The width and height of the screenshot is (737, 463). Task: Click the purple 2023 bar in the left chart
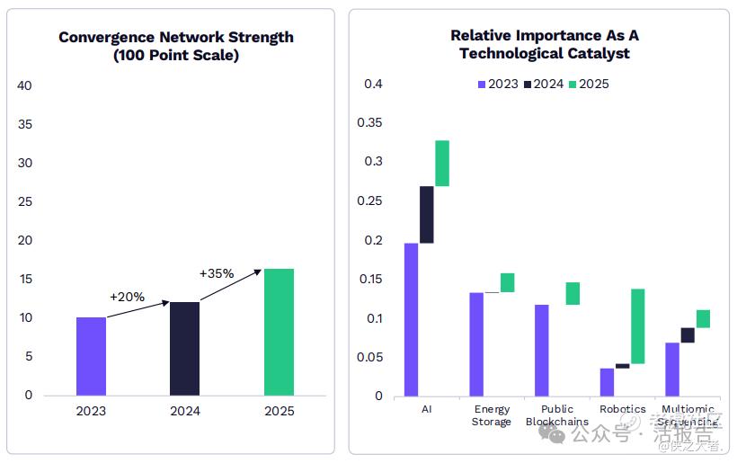pos(91,356)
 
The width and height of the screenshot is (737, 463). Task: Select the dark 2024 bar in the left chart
pos(184,349)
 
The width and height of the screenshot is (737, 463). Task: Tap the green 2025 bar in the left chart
pos(279,332)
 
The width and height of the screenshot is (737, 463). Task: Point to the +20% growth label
pos(127,297)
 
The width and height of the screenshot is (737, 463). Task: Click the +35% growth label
pos(216,273)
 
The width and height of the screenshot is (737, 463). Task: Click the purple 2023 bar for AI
pos(411,319)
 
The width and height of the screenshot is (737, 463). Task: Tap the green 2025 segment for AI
pos(442,164)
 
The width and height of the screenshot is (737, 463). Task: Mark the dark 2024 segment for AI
pos(427,215)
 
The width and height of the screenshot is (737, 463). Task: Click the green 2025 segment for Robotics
pos(638,325)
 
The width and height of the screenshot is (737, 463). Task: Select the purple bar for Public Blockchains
pos(541,350)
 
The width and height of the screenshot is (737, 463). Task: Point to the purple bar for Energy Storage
pos(476,343)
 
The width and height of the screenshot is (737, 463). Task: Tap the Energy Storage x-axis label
pos(492,415)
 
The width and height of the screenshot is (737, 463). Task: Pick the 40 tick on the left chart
pos(25,85)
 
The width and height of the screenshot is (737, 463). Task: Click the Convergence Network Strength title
pos(176,37)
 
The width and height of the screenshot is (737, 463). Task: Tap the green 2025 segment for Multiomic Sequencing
pos(703,318)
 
